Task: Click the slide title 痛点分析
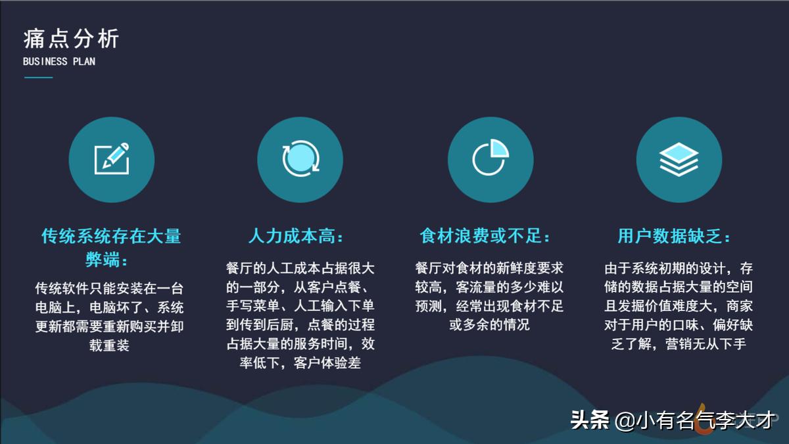click(x=71, y=39)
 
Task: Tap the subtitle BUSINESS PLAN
click(x=59, y=62)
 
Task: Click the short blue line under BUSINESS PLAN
click(x=38, y=78)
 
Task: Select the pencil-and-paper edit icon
click(x=111, y=159)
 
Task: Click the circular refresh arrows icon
click(x=300, y=159)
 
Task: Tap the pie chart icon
click(x=490, y=159)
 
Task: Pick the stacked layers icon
click(x=679, y=159)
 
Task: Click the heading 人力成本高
click(x=297, y=236)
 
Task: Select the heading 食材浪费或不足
click(x=486, y=236)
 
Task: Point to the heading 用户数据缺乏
click(x=675, y=236)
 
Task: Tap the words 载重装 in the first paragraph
click(x=109, y=345)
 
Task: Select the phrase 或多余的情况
click(x=489, y=325)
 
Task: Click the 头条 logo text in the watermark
click(x=590, y=420)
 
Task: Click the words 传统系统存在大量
click(x=111, y=236)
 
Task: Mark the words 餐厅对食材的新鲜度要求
click(x=489, y=269)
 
